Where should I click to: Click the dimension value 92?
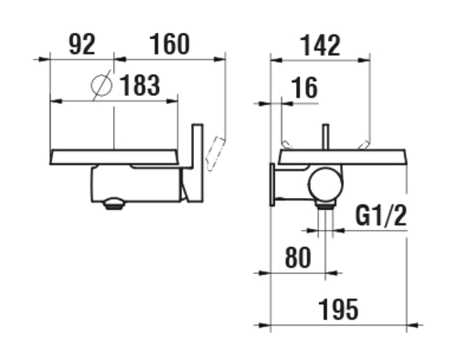[x=82, y=45]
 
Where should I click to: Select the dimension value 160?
[x=170, y=45]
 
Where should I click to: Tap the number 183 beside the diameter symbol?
[x=140, y=85]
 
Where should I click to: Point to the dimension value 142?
[x=321, y=46]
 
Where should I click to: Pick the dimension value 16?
[x=304, y=88]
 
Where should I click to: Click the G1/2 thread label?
[x=381, y=216]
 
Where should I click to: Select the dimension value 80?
[x=298, y=258]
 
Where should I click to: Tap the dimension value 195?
[x=339, y=310]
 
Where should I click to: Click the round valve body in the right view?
[x=325, y=185]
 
